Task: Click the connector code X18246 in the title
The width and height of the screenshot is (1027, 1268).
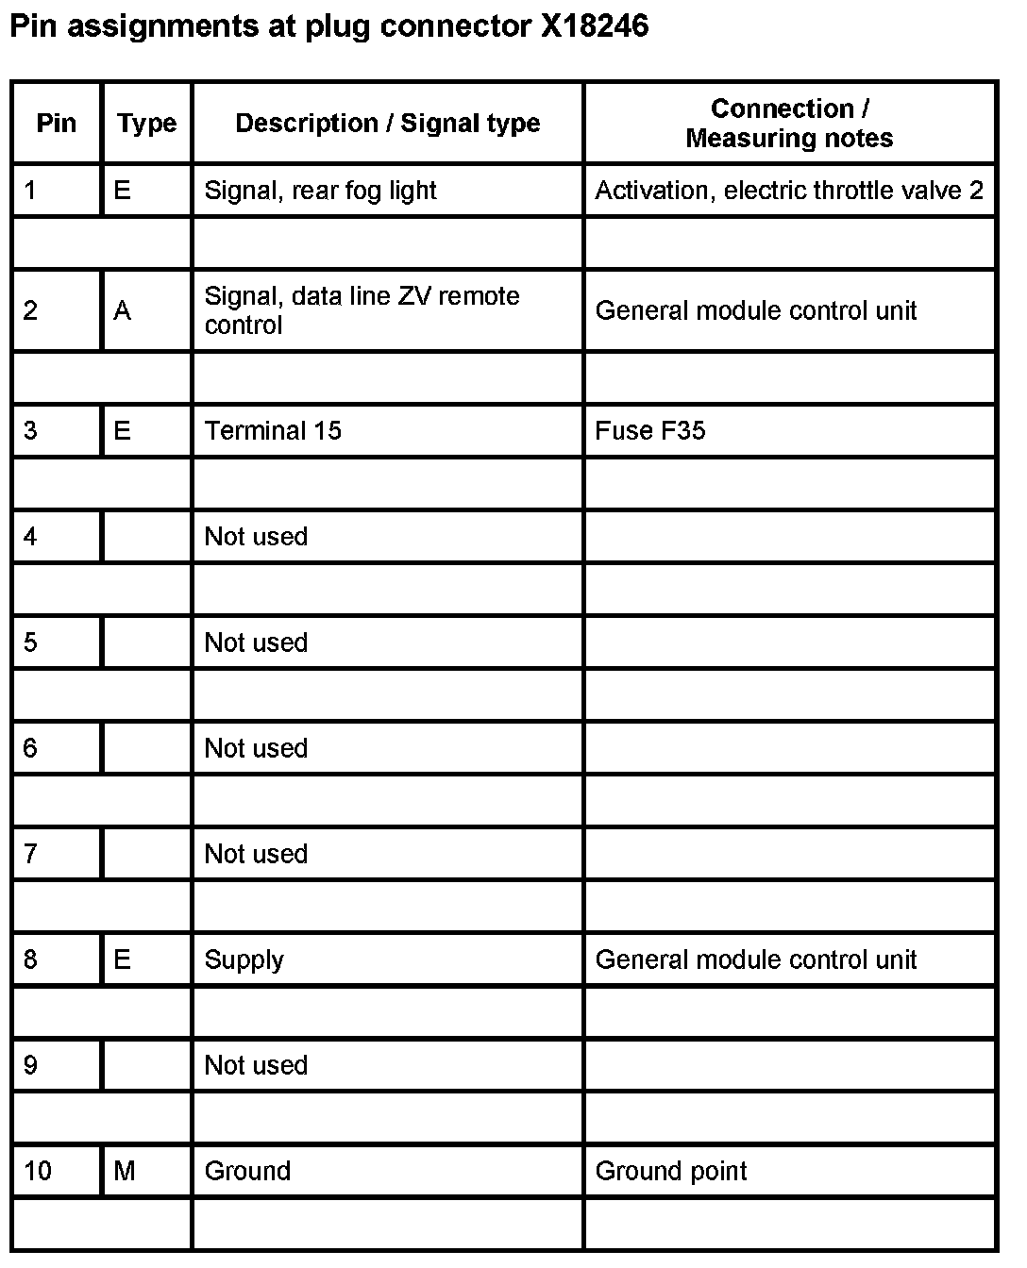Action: point(595,26)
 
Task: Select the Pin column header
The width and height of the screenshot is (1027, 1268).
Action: point(56,123)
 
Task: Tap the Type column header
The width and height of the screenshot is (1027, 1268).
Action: point(146,123)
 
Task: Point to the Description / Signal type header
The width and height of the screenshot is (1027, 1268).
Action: point(387,123)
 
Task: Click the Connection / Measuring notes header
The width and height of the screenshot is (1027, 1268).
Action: point(789,123)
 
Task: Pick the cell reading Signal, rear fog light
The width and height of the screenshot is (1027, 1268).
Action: point(320,191)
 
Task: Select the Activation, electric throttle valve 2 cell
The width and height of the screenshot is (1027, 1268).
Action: point(789,191)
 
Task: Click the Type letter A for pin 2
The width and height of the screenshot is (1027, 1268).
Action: point(123,310)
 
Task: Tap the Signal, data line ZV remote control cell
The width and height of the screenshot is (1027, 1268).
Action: point(362,310)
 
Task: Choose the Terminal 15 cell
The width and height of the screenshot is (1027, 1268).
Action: point(273,431)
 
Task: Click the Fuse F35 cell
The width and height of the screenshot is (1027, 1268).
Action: point(650,431)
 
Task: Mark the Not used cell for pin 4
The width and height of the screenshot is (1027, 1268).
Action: point(256,537)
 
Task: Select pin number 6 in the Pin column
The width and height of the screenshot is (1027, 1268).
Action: point(31,748)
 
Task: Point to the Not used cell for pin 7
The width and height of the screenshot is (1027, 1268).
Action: point(256,854)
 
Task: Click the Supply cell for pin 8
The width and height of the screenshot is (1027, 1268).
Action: point(244,959)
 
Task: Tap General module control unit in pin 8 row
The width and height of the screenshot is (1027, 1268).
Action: point(755,959)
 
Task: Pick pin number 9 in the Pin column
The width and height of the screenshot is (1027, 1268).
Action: point(31,1065)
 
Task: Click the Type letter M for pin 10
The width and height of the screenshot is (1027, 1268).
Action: point(125,1171)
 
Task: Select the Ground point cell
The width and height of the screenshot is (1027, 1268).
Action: point(671,1171)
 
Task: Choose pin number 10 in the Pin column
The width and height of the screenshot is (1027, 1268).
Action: point(38,1171)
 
